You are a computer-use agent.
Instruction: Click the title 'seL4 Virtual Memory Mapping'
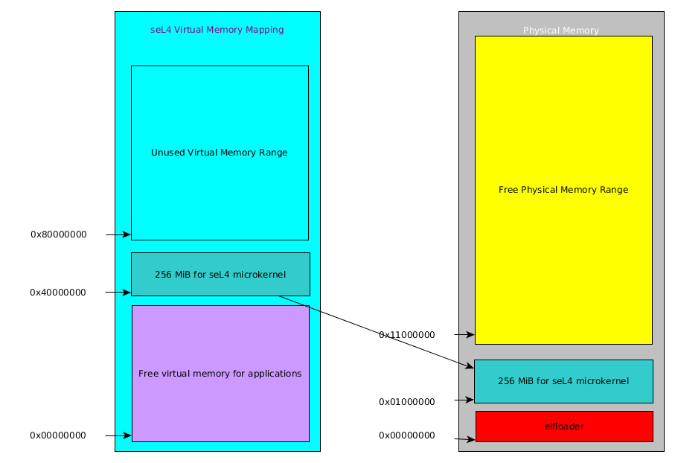[x=217, y=30]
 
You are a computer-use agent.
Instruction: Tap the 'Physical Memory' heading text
[x=560, y=31]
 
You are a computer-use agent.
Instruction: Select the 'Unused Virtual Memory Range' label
[x=219, y=153]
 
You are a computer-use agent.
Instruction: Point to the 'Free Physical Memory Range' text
[x=563, y=190]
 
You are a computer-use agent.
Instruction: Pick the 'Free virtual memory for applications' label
[x=220, y=374]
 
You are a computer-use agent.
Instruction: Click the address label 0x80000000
[x=58, y=234]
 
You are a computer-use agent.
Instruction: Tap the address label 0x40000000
[x=57, y=293]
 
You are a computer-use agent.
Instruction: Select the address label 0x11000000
[x=406, y=335]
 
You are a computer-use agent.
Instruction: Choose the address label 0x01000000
[x=406, y=402]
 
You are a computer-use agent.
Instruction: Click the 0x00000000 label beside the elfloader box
[x=406, y=435]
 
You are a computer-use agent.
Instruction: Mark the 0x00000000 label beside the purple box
[x=57, y=435]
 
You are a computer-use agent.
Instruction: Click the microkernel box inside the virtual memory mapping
[x=220, y=275]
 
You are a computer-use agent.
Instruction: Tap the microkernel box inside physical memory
[x=563, y=381]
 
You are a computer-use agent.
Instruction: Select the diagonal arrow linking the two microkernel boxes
[x=376, y=331]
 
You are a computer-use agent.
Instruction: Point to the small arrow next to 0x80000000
[x=118, y=234]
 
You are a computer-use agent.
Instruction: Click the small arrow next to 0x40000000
[x=118, y=293]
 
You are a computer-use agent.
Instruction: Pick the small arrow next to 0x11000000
[x=464, y=335]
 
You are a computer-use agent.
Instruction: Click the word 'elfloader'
[x=563, y=427]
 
